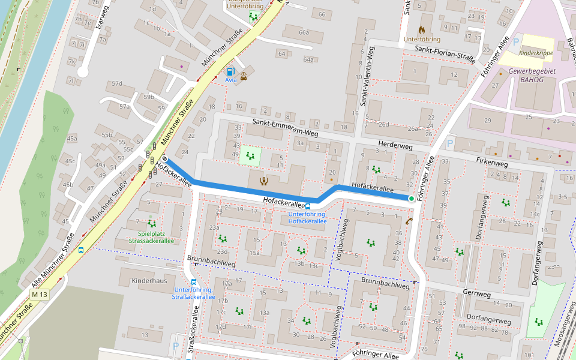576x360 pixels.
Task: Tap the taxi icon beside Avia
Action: pyautogui.click(x=245, y=76)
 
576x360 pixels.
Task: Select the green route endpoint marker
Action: pyautogui.click(x=411, y=199)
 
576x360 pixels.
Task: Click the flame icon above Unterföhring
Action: pyautogui.click(x=422, y=29)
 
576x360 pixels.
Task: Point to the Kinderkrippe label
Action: pyautogui.click(x=536, y=53)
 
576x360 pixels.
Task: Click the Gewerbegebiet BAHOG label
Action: pyautogui.click(x=533, y=75)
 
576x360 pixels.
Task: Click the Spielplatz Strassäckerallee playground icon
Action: pyautogui.click(x=151, y=223)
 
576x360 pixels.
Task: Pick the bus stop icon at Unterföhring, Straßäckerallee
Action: pyautogui.click(x=194, y=281)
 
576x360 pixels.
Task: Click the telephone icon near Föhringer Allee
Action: pyautogui.click(x=409, y=221)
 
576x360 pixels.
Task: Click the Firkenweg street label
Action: pyautogui.click(x=491, y=163)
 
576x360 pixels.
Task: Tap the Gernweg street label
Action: pyautogui.click(x=477, y=293)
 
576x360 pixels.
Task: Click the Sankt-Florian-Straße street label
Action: pyautogui.click(x=445, y=53)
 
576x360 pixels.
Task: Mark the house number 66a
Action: pyautogui.click(x=304, y=32)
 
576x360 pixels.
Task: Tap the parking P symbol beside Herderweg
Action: pyautogui.click(x=450, y=144)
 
